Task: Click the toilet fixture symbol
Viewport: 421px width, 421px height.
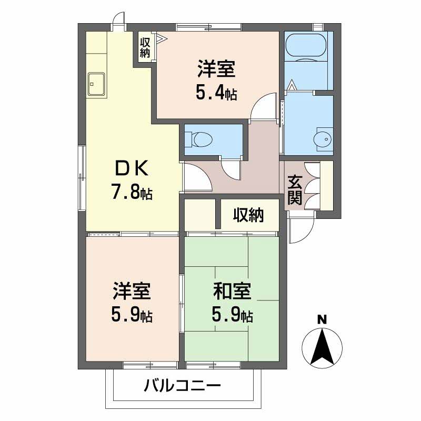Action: (x=202, y=139)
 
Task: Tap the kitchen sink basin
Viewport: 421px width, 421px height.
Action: (x=96, y=83)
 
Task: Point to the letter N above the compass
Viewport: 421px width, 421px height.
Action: (x=322, y=319)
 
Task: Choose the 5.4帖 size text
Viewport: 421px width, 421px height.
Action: (x=216, y=94)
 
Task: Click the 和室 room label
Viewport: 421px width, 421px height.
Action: (x=232, y=292)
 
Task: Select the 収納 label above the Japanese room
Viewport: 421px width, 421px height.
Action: (x=249, y=215)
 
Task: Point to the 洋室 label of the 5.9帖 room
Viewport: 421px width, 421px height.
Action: (x=132, y=292)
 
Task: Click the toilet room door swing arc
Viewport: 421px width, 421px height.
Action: (x=230, y=169)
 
